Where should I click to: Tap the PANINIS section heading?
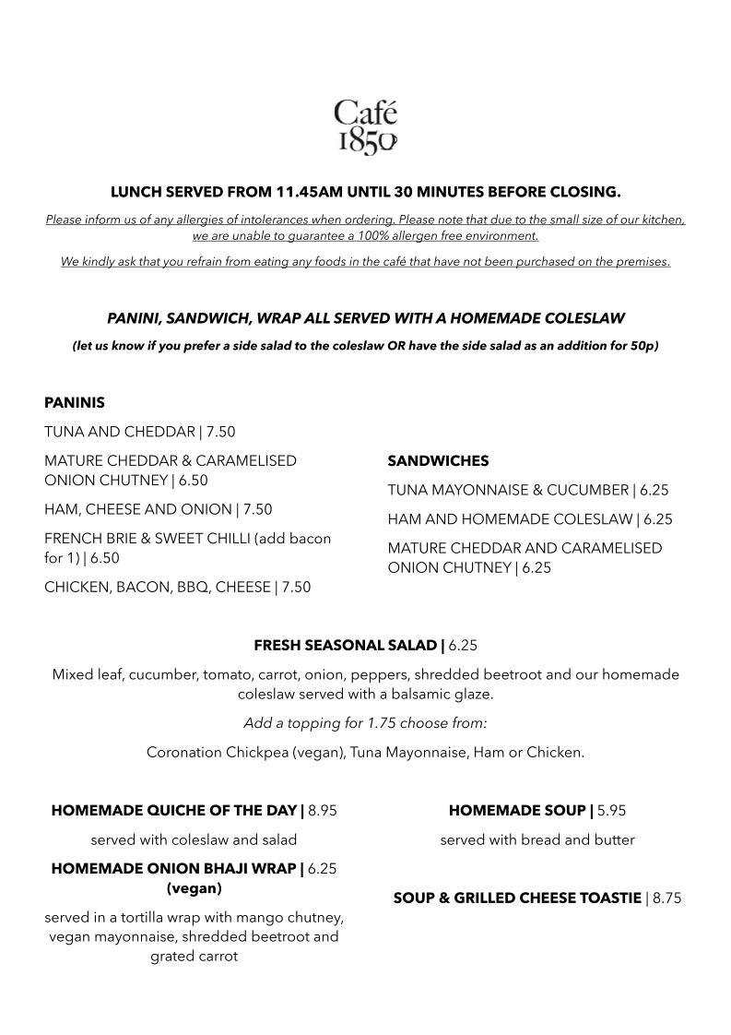pos(75,403)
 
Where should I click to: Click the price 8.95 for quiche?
pos(323,812)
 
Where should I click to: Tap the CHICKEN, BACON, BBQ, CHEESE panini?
pos(177,587)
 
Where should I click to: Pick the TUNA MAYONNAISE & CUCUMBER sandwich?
pos(528,490)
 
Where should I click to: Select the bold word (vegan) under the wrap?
pos(195,889)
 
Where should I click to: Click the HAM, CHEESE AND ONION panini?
pos(158,509)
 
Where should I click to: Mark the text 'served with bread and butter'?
pos(537,840)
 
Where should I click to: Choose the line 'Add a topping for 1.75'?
pos(365,723)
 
